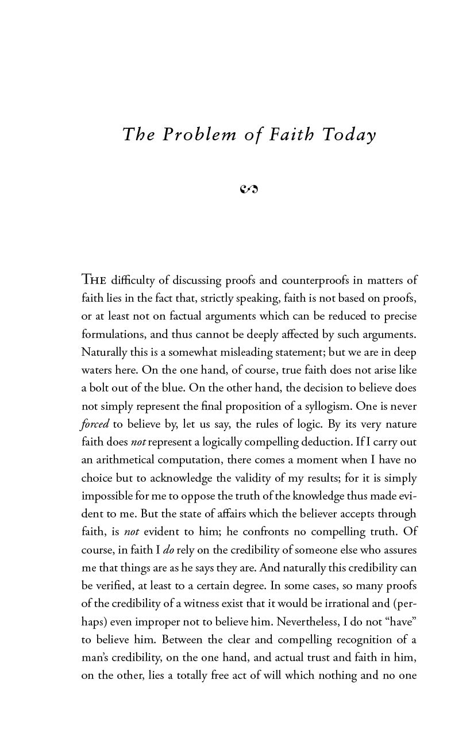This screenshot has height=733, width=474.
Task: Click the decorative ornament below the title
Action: pos(249,188)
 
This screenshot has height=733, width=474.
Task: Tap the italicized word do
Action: pos(168,550)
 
